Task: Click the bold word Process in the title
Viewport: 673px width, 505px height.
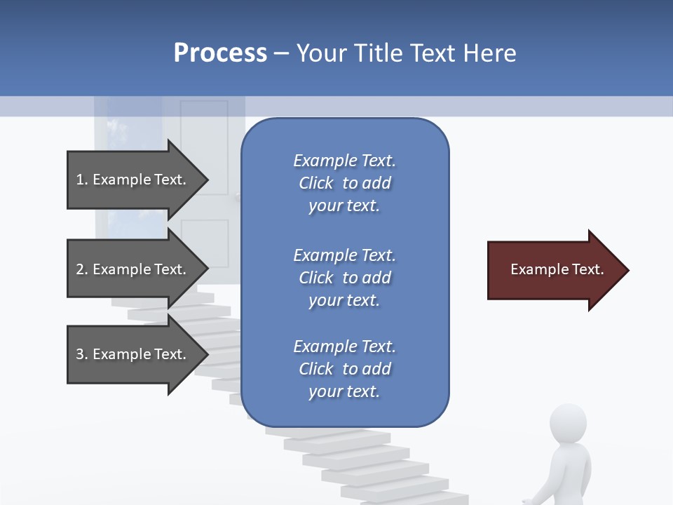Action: [220, 53]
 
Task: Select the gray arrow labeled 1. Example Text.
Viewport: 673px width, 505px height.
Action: [133, 180]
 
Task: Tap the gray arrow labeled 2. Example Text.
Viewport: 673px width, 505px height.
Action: [133, 269]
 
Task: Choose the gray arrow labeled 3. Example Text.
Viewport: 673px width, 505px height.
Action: [133, 354]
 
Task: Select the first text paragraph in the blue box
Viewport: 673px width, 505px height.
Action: [344, 183]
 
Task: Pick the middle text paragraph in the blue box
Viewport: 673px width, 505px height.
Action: [344, 278]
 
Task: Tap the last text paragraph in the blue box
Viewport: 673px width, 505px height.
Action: [344, 369]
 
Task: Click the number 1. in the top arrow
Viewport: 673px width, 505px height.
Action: [82, 180]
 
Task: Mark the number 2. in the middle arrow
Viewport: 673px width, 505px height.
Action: [82, 269]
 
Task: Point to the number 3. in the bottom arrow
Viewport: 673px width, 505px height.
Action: [82, 354]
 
